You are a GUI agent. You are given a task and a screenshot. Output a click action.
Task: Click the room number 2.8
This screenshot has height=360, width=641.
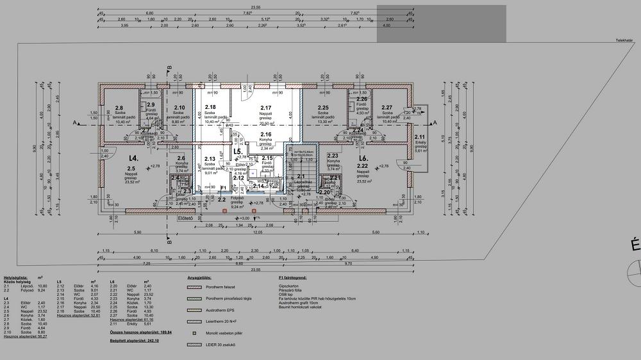119,108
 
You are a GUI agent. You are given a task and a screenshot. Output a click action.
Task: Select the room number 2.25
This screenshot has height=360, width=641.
323,108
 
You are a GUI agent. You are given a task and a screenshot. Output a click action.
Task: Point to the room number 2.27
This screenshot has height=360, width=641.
387,108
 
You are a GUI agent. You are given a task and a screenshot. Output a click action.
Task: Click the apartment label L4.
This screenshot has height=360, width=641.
133,158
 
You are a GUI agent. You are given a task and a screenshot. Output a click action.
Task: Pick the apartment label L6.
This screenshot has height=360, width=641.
363,158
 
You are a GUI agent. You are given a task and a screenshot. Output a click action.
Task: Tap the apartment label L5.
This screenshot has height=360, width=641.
237,152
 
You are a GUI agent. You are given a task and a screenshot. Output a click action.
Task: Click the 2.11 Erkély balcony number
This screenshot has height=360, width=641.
420,137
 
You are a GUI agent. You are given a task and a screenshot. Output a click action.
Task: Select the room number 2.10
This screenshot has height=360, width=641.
179,108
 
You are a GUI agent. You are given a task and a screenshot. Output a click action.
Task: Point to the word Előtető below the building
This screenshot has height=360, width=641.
185,217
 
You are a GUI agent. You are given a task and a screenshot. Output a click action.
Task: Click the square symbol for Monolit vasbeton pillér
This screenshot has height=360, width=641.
194,333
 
